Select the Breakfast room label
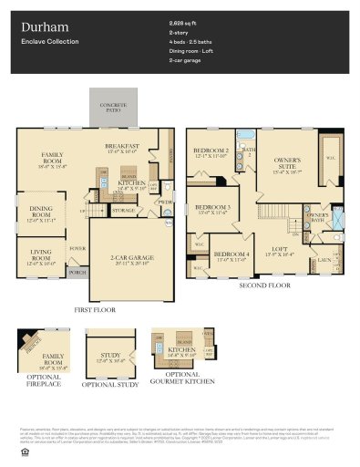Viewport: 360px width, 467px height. [121, 147]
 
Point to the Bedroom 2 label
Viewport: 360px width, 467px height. [211, 150]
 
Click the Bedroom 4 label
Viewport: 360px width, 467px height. [231, 254]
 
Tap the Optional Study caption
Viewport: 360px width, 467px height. [110, 385]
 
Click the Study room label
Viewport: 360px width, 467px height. [109, 357]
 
